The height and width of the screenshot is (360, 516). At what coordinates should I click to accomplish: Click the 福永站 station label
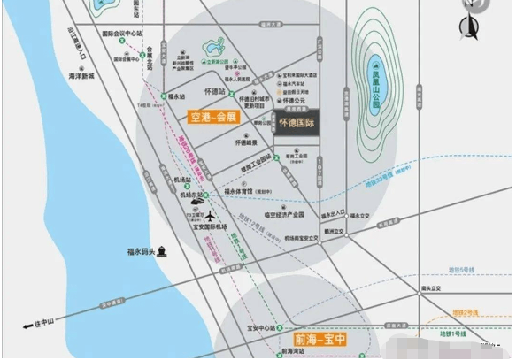point(175,95)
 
